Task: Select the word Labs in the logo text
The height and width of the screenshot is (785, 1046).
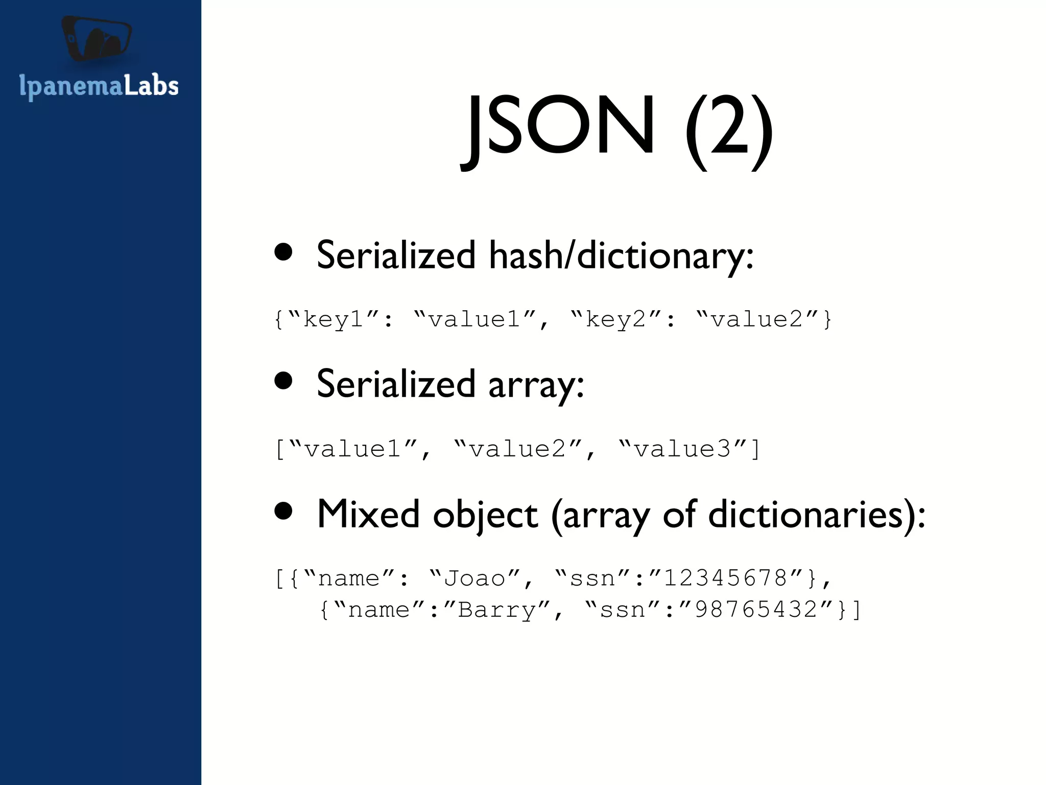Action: coord(151,86)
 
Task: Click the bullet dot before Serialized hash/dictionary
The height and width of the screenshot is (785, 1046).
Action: coord(283,252)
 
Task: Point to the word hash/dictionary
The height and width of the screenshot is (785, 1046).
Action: coord(621,255)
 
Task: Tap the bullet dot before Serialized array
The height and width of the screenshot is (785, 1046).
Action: coord(283,380)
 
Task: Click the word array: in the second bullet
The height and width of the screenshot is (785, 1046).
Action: coord(536,384)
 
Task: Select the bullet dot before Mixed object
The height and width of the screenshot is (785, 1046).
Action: coord(283,511)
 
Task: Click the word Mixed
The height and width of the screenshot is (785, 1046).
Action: coord(368,514)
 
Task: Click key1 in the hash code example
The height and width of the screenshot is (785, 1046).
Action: coord(333,320)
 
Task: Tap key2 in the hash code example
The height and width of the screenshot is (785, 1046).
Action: coord(615,320)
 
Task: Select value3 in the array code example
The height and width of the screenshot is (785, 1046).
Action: coord(682,449)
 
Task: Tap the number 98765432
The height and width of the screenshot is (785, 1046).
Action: coord(756,610)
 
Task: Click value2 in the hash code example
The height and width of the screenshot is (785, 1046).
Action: coord(756,320)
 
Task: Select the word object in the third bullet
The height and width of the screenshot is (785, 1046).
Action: coord(485,515)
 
